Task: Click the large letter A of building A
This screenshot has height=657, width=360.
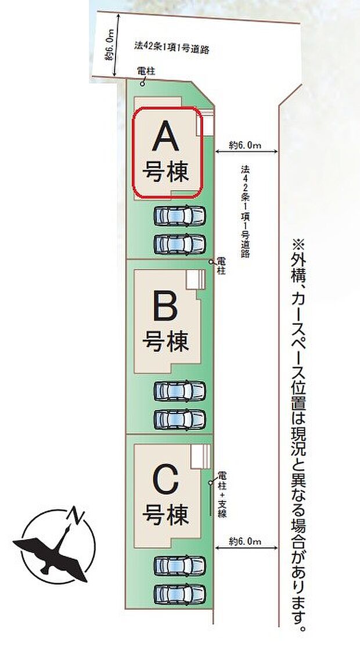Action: click(165, 139)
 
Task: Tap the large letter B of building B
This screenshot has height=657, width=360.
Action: click(165, 307)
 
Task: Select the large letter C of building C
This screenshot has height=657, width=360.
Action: click(166, 479)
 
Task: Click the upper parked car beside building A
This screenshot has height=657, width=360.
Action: click(179, 217)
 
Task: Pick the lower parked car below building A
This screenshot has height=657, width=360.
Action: click(179, 242)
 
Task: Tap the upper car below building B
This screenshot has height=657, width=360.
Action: click(179, 391)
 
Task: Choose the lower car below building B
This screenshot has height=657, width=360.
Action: click(179, 418)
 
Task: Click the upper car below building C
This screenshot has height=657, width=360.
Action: click(179, 565)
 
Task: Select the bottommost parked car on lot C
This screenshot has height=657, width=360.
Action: click(179, 593)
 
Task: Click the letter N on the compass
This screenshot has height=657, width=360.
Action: click(74, 514)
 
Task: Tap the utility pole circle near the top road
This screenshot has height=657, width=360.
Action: click(143, 82)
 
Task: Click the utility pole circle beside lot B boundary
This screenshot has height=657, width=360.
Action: click(212, 262)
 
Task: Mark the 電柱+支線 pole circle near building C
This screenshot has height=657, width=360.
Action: click(211, 482)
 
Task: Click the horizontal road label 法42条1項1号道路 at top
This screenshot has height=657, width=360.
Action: click(171, 47)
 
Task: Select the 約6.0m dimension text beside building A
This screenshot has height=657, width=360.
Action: click(244, 143)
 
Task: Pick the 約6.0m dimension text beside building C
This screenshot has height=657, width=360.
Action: click(244, 541)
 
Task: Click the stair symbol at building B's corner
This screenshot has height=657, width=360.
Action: click(196, 280)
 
